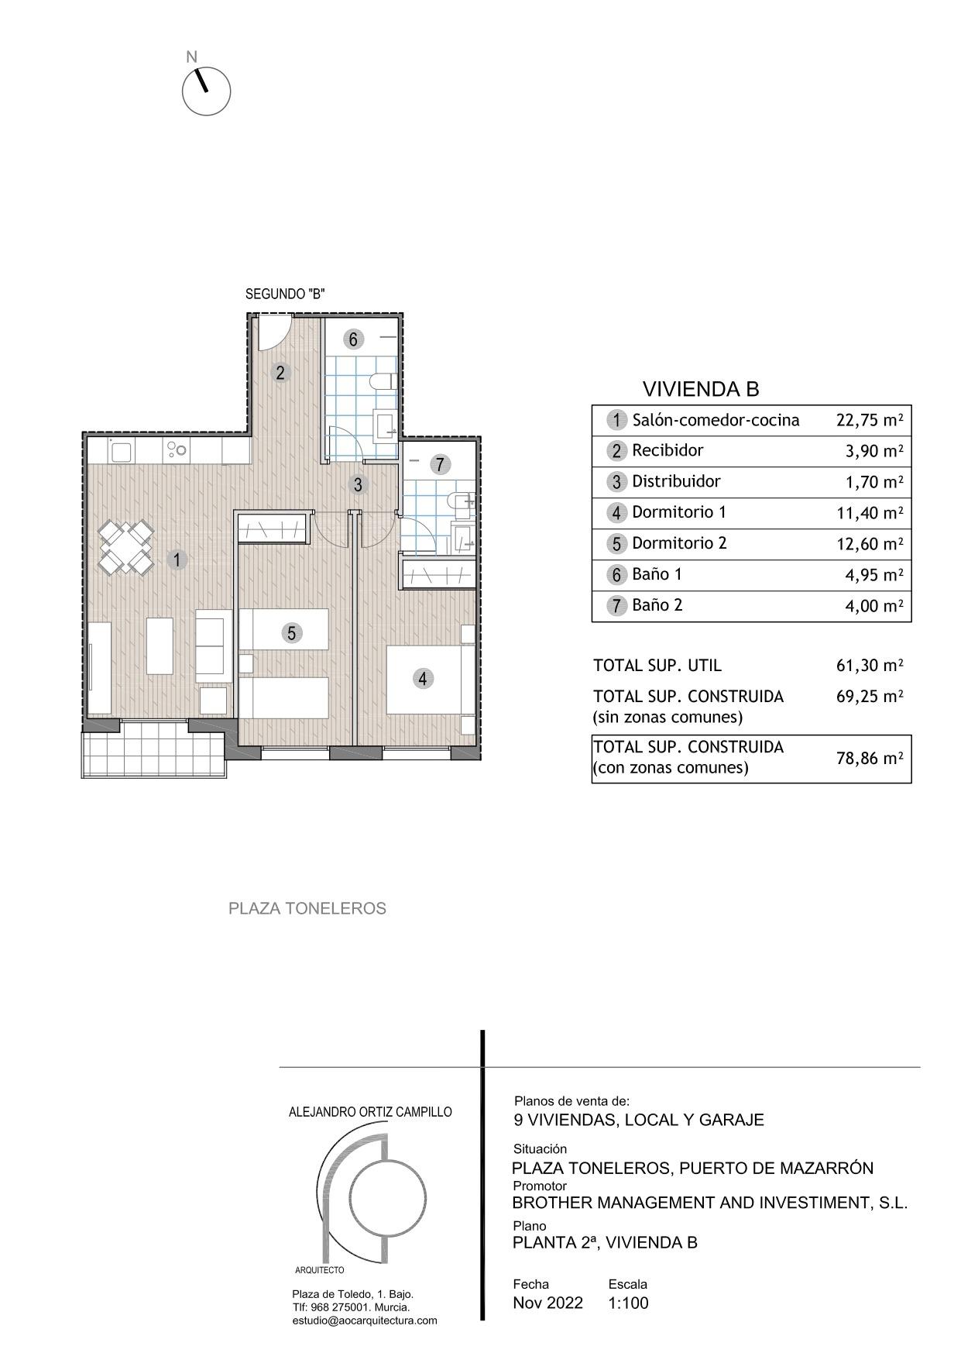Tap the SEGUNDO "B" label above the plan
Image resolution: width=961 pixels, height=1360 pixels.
(x=284, y=294)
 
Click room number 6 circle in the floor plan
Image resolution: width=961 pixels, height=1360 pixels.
(x=353, y=339)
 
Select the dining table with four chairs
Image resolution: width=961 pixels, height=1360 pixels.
(x=126, y=547)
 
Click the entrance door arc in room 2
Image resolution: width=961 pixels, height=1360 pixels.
(x=273, y=332)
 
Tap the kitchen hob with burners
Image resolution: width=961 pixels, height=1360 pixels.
(x=177, y=449)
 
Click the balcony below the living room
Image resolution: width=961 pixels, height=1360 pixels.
(x=154, y=748)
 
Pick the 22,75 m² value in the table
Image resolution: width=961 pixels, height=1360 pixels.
(x=869, y=421)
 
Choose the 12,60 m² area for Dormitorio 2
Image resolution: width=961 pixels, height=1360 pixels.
(x=869, y=544)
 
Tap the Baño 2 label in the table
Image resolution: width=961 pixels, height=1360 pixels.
(x=657, y=605)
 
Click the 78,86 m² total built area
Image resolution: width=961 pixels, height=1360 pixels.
(x=869, y=759)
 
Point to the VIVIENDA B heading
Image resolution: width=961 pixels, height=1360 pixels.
(x=701, y=389)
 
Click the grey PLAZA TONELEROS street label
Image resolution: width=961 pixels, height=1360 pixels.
(x=307, y=908)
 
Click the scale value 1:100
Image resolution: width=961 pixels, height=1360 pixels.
(x=628, y=1303)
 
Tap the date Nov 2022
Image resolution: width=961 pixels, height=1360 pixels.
(x=547, y=1303)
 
